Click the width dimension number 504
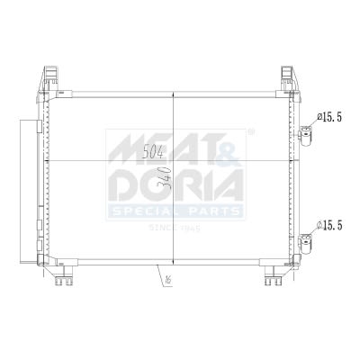coord(153,152)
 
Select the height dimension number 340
coord(165,178)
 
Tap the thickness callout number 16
coord(168,280)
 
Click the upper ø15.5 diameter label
coord(329,117)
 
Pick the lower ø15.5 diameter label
coord(329,225)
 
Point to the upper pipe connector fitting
coord(306,135)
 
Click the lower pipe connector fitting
coord(306,243)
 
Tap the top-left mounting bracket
coord(49,77)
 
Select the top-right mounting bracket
coord(289,77)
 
